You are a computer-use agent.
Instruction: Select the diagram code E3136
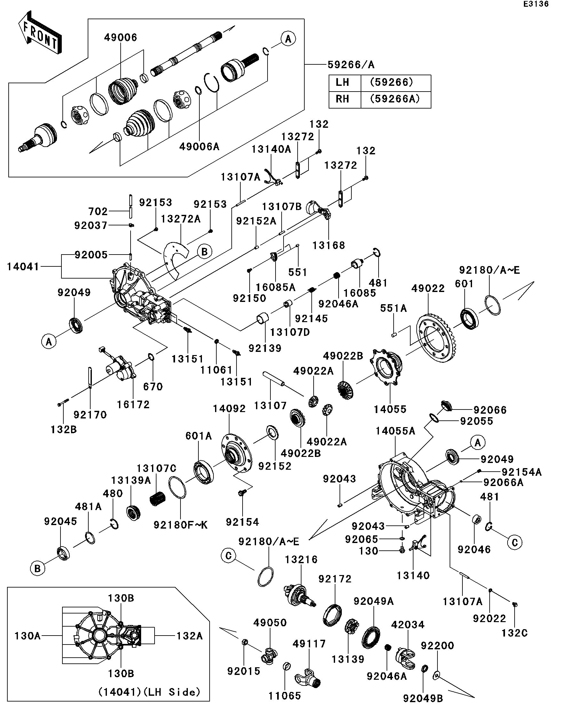[x=536, y=4]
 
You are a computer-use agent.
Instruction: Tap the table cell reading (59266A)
[x=395, y=99]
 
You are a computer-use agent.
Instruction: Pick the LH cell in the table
[x=342, y=82]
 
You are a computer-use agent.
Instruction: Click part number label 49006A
[x=199, y=147]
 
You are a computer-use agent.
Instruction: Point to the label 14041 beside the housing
[x=23, y=267]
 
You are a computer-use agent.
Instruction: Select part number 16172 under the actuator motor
[x=133, y=404]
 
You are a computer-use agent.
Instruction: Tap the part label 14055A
[x=395, y=431]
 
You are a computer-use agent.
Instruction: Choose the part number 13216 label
[x=301, y=559]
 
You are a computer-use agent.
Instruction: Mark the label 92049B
[x=423, y=698]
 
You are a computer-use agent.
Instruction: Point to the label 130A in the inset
[x=28, y=636]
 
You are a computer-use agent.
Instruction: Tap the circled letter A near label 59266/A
[x=288, y=39]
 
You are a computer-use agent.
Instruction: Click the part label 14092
[x=229, y=409]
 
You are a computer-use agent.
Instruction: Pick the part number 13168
[x=329, y=245]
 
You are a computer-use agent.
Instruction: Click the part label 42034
[x=408, y=625]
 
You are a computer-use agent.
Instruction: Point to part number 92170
[x=90, y=415]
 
